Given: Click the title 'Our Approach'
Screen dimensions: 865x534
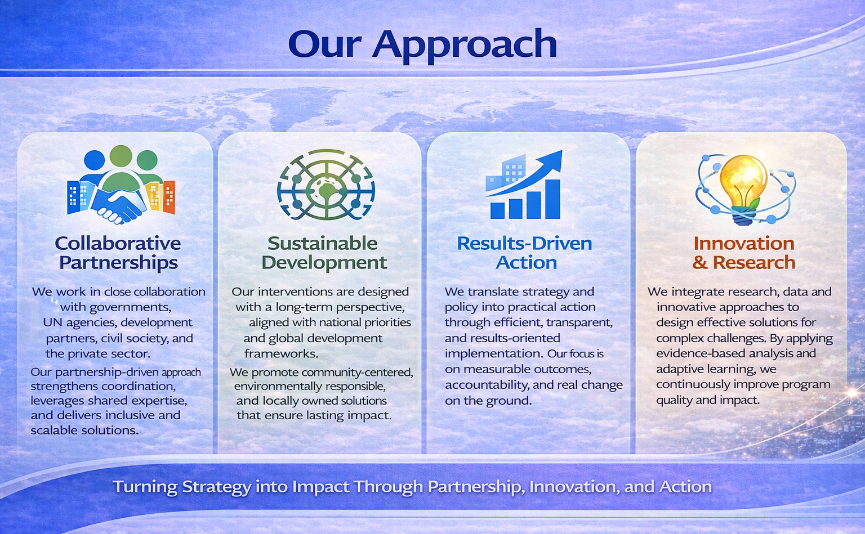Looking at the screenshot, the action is (422, 45).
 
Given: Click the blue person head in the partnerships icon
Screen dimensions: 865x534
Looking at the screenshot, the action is (94, 160).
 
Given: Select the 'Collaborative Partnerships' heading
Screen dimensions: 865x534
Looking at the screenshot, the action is (118, 253).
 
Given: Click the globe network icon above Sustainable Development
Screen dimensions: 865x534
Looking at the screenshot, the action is (326, 185).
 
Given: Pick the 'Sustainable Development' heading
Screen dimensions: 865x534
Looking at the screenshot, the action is (324, 253).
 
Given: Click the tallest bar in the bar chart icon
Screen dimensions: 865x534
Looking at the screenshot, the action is (552, 199).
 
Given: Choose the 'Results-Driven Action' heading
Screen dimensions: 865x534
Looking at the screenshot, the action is (524, 253).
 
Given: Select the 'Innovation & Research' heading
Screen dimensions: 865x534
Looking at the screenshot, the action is (744, 253).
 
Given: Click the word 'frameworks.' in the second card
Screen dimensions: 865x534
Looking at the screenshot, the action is (281, 353).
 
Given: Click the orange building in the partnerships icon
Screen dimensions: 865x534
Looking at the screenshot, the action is (170, 197).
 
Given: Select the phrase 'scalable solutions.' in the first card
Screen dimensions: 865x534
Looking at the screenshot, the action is (84, 430).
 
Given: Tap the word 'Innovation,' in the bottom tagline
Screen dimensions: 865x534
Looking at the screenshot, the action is (573, 487).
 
